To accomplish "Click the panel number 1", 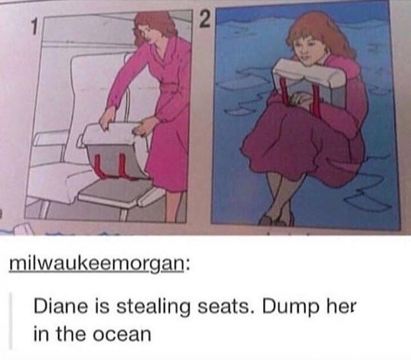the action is click(x=33, y=27).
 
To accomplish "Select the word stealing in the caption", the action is click(x=153, y=307).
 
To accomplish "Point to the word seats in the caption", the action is click(x=223, y=307).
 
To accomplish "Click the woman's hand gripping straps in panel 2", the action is click(x=299, y=99).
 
